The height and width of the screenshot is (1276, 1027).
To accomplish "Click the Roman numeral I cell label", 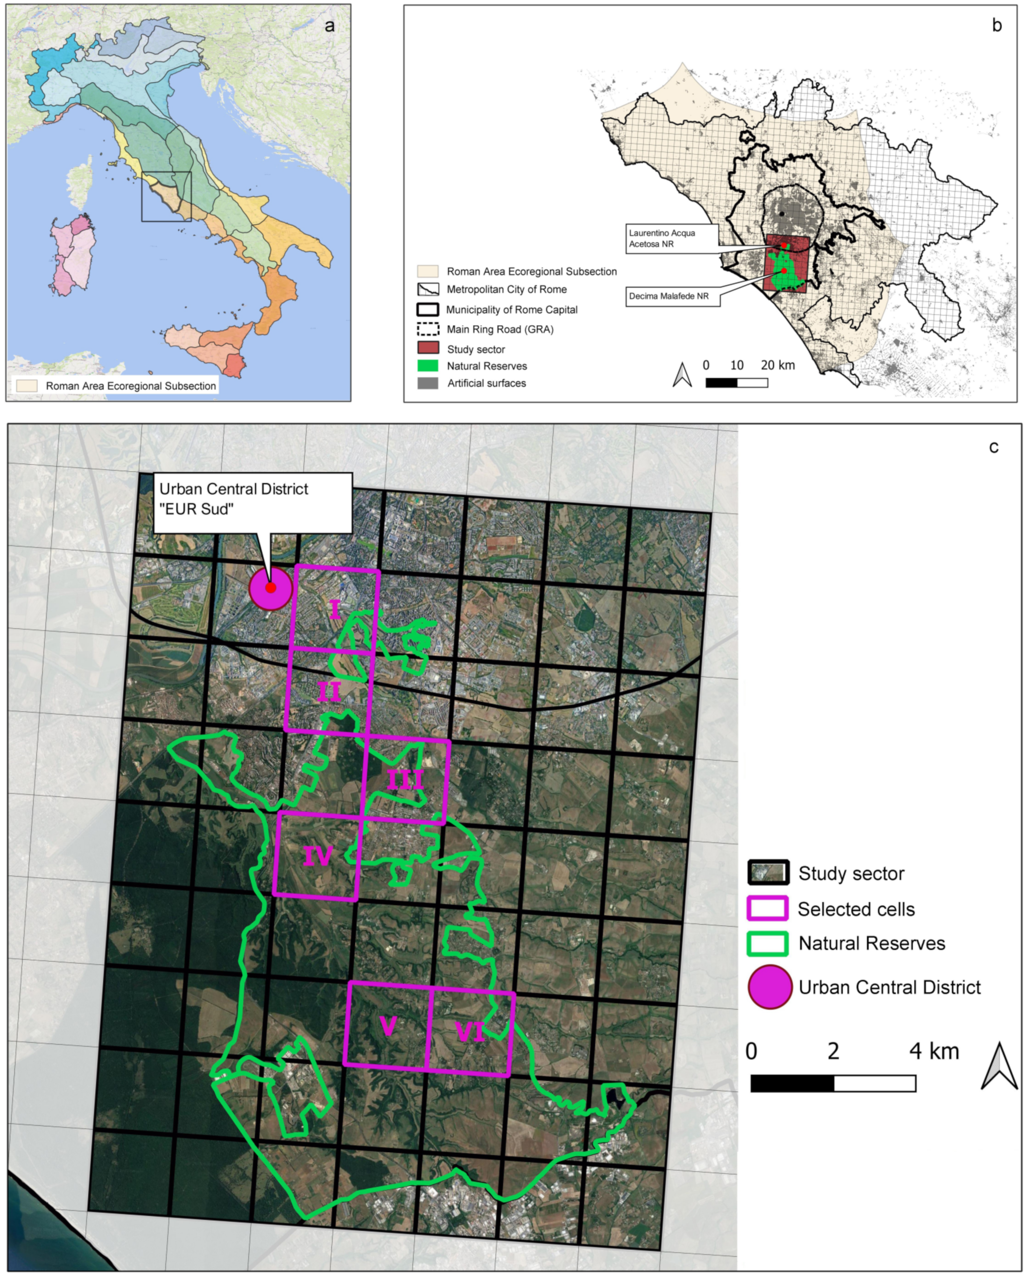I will [335, 610].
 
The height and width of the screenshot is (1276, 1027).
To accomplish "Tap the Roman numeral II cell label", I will [329, 691].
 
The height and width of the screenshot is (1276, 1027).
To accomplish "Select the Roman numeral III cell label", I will [405, 780].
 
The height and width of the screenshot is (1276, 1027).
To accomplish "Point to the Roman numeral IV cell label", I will [318, 856].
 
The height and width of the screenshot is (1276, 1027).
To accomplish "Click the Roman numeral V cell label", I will [388, 1026].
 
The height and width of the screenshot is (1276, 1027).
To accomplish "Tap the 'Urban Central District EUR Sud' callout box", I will [253, 503].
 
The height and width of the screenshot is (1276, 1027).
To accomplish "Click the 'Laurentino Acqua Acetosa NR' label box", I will [672, 239].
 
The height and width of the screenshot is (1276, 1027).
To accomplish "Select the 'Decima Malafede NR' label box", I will [672, 297].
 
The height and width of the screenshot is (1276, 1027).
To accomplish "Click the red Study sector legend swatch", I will [428, 348].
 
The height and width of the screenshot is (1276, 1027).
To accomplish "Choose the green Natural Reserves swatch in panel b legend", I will [428, 366].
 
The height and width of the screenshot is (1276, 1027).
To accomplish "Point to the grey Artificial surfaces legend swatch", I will [428, 383].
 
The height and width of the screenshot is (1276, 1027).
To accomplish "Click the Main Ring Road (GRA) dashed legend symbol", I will [428, 329].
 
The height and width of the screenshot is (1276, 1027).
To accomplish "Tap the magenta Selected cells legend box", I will [767, 908].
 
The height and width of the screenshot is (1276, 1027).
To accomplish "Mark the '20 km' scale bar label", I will [777, 365].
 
